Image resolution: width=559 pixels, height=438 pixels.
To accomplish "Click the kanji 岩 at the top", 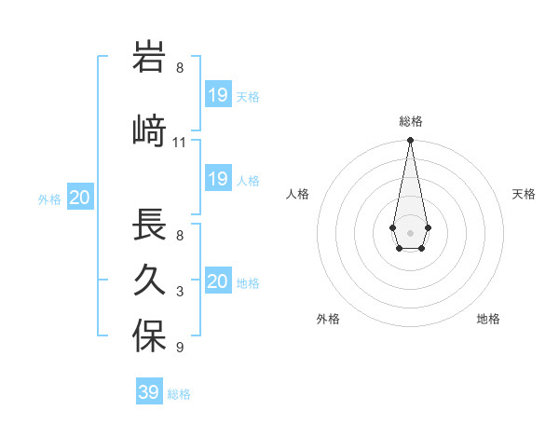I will coord(149,58).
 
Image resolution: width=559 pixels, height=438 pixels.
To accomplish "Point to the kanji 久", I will coord(149,281).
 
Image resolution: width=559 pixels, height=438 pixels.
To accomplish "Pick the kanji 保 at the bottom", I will coord(149,336).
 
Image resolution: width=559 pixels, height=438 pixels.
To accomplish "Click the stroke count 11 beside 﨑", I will coord(180,143).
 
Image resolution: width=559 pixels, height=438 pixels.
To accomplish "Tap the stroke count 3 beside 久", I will coord(180,292).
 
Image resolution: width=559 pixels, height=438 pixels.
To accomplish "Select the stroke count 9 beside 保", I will coord(180,348).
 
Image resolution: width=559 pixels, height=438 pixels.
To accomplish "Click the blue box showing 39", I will coord(149,392).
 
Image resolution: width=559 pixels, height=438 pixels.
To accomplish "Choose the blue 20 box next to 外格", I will coord(80,198).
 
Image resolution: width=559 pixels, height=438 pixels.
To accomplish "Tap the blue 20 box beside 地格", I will coord(218,281).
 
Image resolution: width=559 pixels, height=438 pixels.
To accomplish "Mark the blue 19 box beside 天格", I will coord(218,95).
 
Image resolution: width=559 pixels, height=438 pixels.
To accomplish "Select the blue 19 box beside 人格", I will coord(218,179).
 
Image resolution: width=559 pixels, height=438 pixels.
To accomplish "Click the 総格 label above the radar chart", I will coord(410,121).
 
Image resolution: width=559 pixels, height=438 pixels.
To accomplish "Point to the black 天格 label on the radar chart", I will coord(524,194).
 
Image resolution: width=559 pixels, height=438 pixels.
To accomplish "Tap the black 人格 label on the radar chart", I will coord(297,194).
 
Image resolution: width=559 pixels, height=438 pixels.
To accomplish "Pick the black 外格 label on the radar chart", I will coord(328,319).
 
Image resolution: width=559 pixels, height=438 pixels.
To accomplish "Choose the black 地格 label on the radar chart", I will coord(488,319).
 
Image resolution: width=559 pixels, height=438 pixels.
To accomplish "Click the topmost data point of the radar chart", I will coord(410,141).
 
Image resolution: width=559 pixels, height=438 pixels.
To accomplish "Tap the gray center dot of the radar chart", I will coord(410,232).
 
